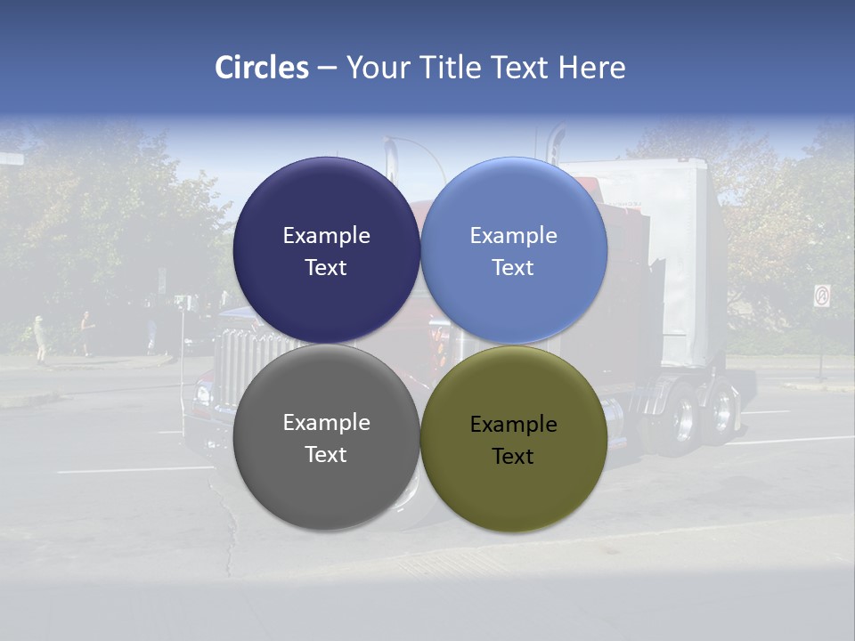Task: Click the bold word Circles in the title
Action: tap(261, 68)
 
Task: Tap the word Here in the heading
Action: tap(591, 68)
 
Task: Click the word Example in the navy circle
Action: tap(326, 236)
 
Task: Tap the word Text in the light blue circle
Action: tap(513, 268)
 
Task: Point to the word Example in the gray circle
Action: tap(326, 423)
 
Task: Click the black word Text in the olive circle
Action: tap(513, 457)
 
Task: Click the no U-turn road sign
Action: tap(821, 296)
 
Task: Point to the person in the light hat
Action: tap(39, 338)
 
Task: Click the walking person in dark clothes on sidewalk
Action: tap(85, 333)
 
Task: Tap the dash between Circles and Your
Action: tap(327, 68)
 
